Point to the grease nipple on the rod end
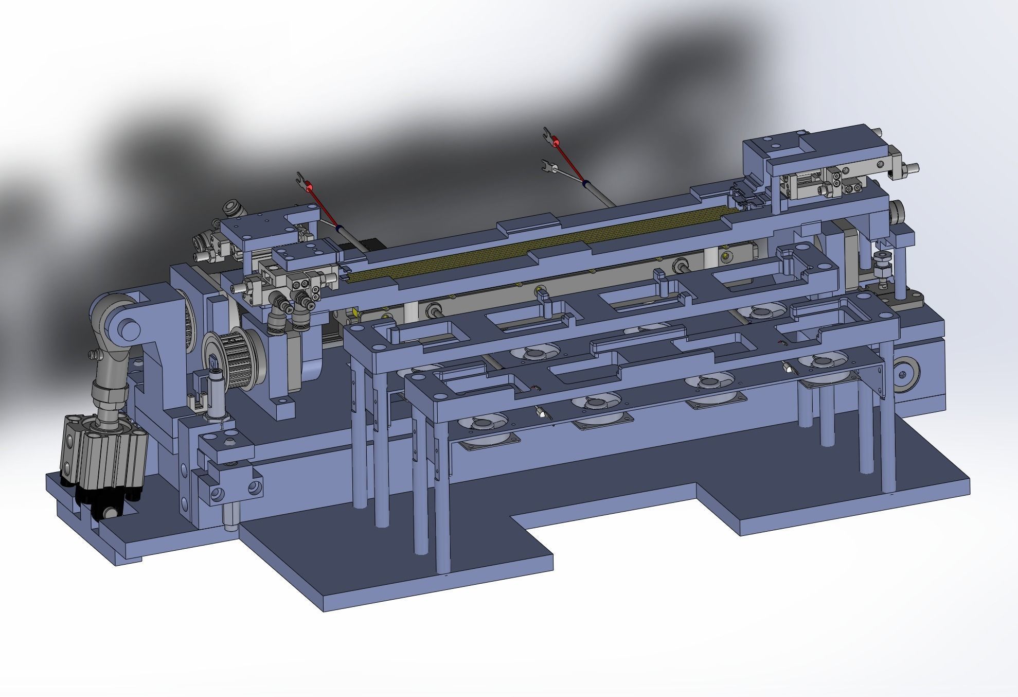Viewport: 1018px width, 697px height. point(93,355)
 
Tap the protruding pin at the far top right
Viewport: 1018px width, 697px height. point(913,167)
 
